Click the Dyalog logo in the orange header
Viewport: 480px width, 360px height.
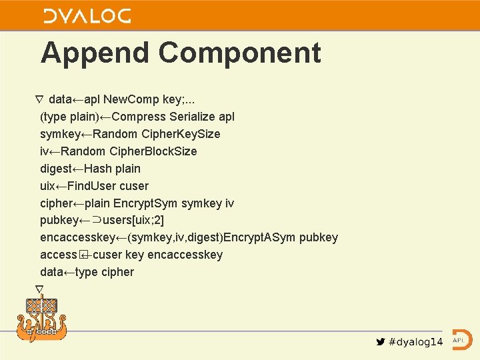(87, 16)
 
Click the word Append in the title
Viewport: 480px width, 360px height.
(95, 53)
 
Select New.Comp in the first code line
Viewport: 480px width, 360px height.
(130, 99)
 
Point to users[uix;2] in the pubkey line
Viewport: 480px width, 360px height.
(134, 221)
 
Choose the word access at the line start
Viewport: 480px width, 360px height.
(58, 255)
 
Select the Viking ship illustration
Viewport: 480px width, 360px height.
(42, 319)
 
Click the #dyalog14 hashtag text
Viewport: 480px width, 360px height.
(415, 342)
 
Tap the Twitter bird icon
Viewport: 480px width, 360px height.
(380, 342)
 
